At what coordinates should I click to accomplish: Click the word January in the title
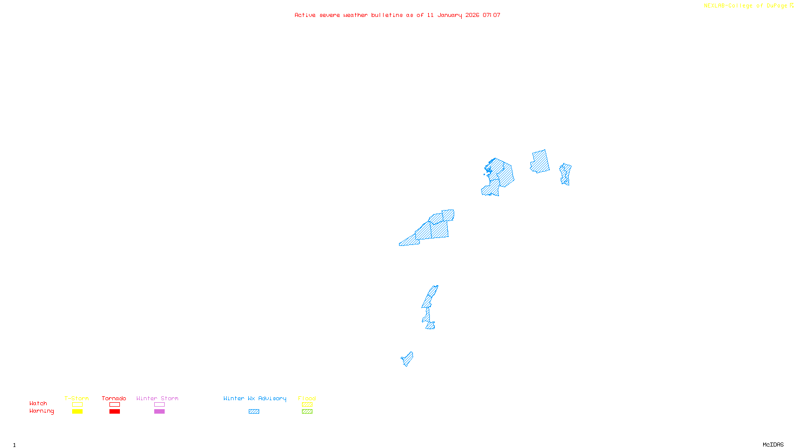coord(450,15)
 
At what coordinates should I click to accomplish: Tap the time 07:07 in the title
coord(492,15)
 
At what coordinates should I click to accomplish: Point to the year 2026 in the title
coord(473,15)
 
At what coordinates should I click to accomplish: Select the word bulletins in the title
coord(387,15)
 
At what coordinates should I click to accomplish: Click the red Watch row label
coord(38,404)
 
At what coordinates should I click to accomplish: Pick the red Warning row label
coord(42,411)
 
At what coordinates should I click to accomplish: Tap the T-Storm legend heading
coord(77,398)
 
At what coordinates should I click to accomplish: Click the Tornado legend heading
coord(114,398)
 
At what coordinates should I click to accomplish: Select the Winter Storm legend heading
coord(157,398)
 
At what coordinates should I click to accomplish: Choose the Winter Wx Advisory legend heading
coord(255,398)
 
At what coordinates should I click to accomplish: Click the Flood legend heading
coord(307,398)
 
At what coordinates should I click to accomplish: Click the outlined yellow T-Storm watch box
coord(77,405)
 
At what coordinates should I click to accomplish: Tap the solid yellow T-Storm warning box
coord(77,412)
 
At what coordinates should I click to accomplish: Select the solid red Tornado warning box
coord(115,412)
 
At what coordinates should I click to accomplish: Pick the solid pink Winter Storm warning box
coord(159,412)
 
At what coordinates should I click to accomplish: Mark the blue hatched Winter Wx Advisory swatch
coord(254,412)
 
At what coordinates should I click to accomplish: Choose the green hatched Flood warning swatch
coord(307,412)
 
